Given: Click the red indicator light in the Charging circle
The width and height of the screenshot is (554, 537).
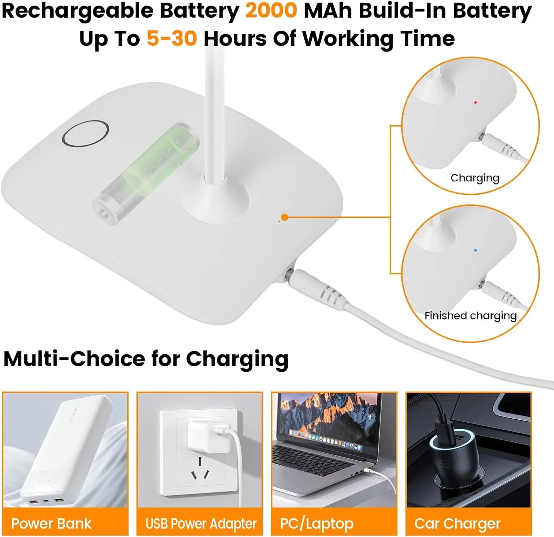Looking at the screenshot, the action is (x=475, y=102).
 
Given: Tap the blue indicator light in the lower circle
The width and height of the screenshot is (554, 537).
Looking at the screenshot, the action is (x=475, y=250).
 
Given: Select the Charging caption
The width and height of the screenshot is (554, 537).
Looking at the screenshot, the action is (x=475, y=178).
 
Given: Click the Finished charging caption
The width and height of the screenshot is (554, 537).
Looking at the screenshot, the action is (x=471, y=316).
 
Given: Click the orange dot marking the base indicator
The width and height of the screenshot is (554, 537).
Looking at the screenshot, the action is (x=284, y=217).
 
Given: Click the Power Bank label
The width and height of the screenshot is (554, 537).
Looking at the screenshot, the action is (x=51, y=524).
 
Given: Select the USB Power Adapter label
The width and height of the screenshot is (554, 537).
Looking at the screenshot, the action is (x=201, y=524).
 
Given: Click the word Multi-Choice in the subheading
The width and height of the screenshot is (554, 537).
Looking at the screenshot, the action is (x=74, y=359).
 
